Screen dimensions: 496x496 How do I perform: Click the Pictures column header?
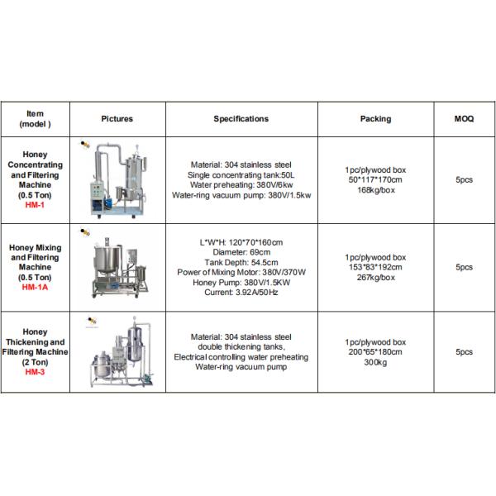point(117,119)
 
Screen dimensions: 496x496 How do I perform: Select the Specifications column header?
point(241,119)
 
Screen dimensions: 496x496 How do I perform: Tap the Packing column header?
point(375,119)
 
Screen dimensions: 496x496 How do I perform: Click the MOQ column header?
point(464,119)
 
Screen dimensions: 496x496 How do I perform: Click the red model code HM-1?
point(36,204)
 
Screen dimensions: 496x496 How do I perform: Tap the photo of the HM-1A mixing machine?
point(117,265)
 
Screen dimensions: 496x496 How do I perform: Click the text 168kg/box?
point(374,189)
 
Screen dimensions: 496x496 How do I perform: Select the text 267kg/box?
point(374,277)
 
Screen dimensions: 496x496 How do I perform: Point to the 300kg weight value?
point(374,362)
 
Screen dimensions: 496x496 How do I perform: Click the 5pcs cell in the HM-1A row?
point(464,267)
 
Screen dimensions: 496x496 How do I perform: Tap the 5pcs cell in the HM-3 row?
point(464,351)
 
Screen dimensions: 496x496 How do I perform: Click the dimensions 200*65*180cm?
point(374,351)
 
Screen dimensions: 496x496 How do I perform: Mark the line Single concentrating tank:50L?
point(241,175)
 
